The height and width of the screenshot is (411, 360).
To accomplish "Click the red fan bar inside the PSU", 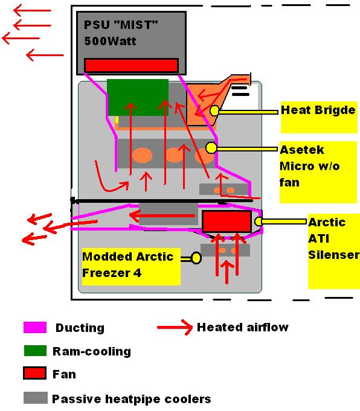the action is pos(131,65).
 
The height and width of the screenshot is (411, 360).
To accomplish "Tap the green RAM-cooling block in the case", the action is pos(138,97).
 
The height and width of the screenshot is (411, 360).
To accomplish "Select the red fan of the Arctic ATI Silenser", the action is pos(227,221).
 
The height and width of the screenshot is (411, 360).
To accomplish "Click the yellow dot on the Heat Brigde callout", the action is pos(214,110).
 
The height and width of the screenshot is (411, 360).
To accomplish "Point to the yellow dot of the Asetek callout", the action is pos(211,148).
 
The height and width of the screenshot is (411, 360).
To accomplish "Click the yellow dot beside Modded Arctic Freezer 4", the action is pos(196,258).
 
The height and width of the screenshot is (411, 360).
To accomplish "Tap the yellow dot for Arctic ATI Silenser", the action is pos(258,221).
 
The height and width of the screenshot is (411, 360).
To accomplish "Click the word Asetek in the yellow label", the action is pos(302,150).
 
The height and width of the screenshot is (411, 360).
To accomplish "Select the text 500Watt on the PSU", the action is pos(110,41).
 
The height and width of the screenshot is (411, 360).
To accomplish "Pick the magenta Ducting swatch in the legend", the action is pos(35,327).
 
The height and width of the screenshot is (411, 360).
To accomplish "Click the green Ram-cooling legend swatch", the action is pos(35,351).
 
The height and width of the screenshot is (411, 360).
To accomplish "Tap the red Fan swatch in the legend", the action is pos(34,373).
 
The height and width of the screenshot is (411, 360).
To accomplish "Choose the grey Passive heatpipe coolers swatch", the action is pos(36,398).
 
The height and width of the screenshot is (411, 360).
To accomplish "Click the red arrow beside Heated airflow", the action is pos(175,327).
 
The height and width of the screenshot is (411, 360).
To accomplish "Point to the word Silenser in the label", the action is pos(333,255).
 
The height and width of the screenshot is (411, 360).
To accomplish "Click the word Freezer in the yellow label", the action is pos(106,273).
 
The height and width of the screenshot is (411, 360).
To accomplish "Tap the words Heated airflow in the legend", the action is pos(243,327).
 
